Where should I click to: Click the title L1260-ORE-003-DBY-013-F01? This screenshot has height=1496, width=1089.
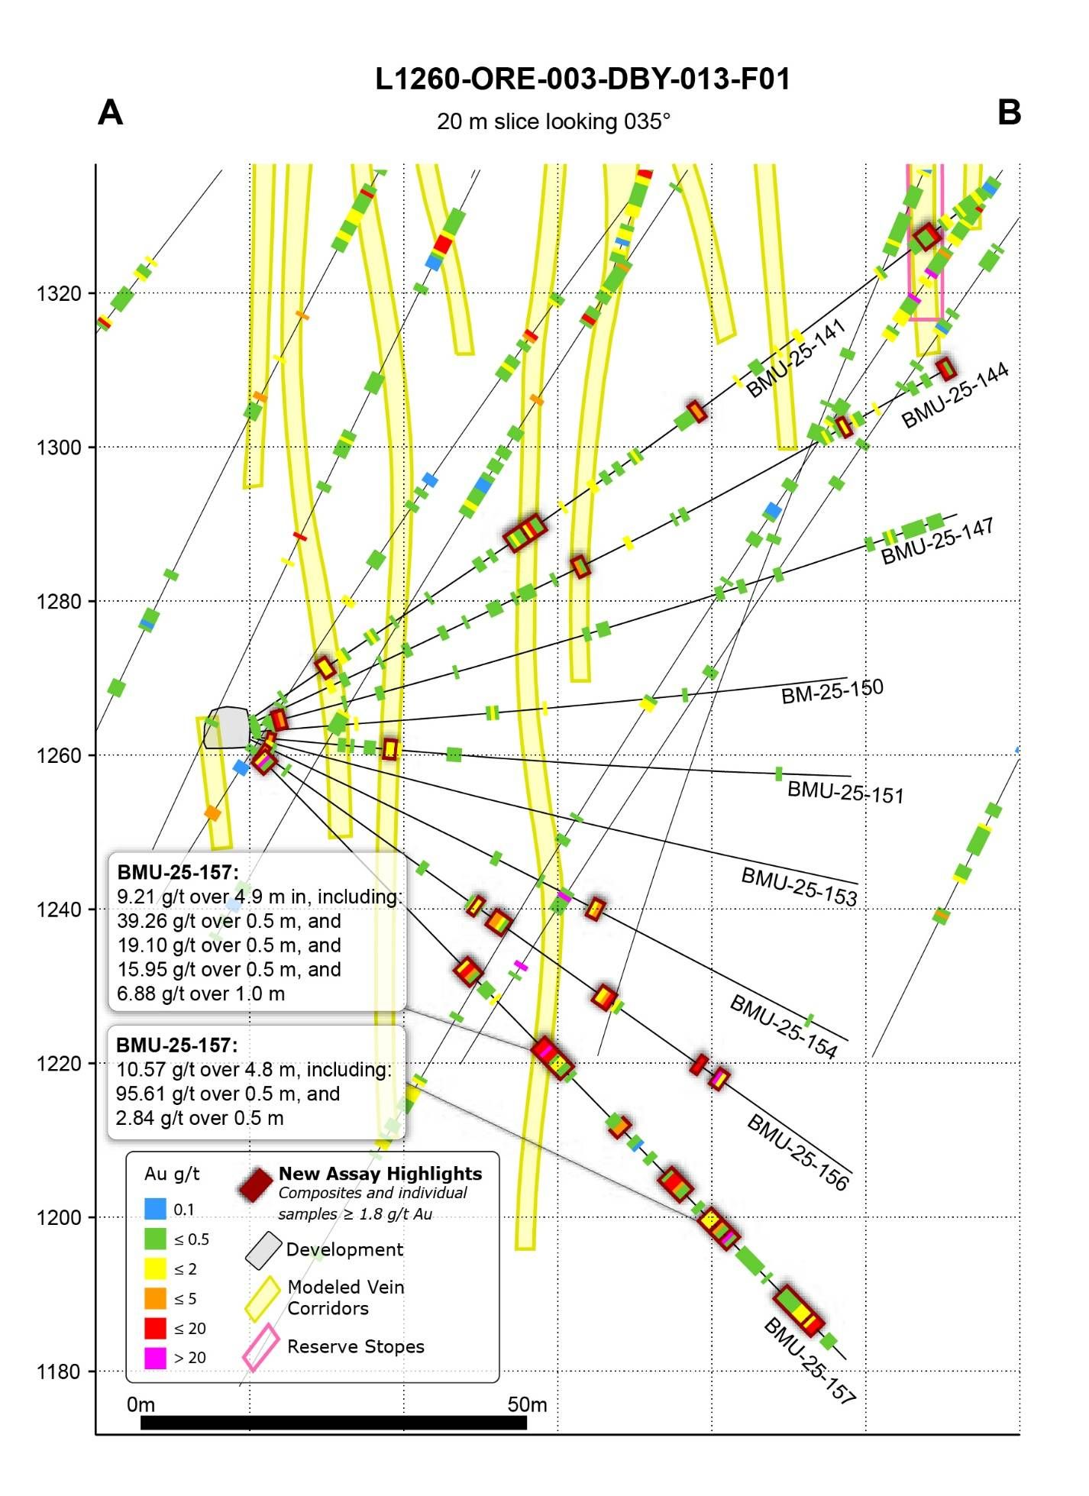click(x=582, y=79)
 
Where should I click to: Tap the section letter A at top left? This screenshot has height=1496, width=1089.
click(x=111, y=113)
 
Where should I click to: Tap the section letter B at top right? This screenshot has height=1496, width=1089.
click(x=1009, y=113)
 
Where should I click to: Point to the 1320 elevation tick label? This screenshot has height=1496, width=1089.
click(x=59, y=293)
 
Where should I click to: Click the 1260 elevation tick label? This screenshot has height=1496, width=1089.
click(x=59, y=755)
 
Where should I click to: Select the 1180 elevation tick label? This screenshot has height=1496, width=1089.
click(x=59, y=1372)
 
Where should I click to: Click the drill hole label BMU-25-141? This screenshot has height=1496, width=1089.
click(x=796, y=358)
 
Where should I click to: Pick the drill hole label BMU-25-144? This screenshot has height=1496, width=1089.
click(x=955, y=395)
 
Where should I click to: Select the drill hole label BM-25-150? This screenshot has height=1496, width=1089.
click(x=832, y=691)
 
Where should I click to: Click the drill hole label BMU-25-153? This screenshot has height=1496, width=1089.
click(x=799, y=887)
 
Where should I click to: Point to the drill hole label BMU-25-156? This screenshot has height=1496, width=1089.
click(x=797, y=1152)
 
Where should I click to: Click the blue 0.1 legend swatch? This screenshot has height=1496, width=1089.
click(x=155, y=1209)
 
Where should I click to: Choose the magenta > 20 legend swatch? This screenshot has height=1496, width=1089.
click(x=155, y=1358)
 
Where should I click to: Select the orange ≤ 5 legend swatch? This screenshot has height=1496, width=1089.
click(x=155, y=1298)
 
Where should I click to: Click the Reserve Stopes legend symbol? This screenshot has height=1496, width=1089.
click(x=260, y=1348)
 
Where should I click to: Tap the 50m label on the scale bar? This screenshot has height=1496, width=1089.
click(x=527, y=1404)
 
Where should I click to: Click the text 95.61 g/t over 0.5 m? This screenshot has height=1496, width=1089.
click(x=228, y=1094)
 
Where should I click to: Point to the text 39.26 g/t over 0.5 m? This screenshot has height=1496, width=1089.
click(x=228, y=921)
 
